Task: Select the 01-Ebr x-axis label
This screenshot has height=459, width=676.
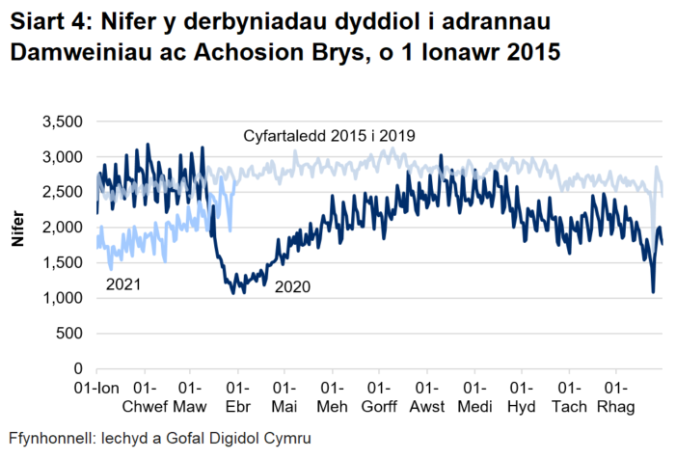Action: click(238, 396)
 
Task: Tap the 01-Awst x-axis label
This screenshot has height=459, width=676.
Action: click(427, 396)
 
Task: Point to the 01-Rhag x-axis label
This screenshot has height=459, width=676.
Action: click(616, 396)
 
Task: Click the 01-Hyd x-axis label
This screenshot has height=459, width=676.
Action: click(522, 396)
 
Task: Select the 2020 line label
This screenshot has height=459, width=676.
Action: click(294, 286)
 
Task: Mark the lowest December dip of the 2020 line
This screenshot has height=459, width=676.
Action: click(653, 291)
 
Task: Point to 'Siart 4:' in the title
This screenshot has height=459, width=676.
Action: click(45, 21)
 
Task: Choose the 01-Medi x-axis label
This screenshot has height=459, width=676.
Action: click(474, 396)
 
